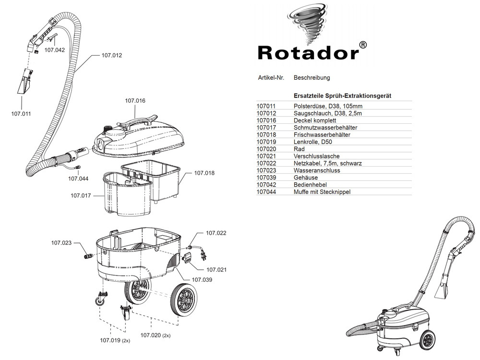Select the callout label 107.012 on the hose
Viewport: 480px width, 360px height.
(111, 55)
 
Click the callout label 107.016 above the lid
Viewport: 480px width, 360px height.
(135, 101)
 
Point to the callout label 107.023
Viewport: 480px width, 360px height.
(61, 243)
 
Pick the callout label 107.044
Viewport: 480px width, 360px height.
(78, 179)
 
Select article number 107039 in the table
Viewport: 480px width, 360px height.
(267, 178)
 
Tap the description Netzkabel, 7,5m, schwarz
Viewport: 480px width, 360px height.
(327, 163)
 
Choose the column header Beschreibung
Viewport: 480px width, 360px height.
(312, 77)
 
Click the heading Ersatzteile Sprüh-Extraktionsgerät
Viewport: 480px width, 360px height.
(342, 96)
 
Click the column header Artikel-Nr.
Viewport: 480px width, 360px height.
(271, 77)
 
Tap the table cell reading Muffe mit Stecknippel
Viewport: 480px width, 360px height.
(322, 192)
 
